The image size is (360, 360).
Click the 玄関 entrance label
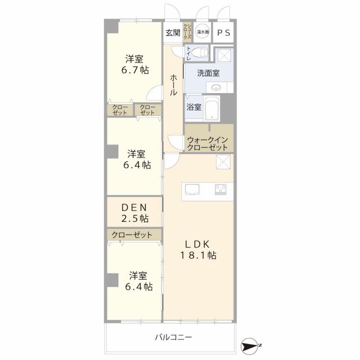173,33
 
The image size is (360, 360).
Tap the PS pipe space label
224,33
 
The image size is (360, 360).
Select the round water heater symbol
203,32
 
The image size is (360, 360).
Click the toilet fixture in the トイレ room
201,54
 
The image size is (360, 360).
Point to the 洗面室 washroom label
208,73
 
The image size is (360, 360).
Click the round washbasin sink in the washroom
217,87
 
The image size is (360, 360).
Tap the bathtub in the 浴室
211,108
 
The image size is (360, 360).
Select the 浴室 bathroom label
193,107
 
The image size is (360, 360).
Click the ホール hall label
174,84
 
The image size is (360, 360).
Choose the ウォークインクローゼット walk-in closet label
209,142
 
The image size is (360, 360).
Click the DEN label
135,208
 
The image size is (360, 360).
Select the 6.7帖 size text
136,70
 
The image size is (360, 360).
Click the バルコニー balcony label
174,337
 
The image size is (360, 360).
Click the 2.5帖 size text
136,218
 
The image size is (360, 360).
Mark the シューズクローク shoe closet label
189,32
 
